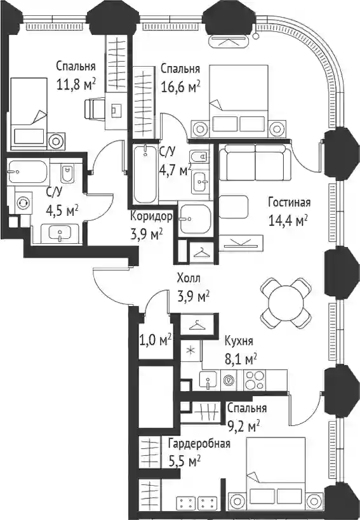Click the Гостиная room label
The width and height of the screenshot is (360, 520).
tap(290, 202)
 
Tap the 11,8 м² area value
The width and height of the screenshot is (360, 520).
tap(76, 84)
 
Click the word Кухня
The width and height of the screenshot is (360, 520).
tap(239, 340)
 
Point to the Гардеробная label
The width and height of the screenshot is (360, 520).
tap(199, 443)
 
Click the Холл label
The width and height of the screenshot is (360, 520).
tap(189, 278)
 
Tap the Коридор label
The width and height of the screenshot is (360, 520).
tap(151, 217)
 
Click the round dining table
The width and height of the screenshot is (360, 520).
tap(286, 302)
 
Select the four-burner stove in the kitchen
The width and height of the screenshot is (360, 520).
tap(255, 380)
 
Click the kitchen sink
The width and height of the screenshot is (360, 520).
tap(208, 380)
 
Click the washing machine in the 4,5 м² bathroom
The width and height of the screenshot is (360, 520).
tap(23, 203)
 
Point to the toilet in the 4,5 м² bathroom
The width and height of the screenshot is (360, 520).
tap(67, 173)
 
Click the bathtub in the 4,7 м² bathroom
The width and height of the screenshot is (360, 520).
tap(145, 174)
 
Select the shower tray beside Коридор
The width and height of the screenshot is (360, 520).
tap(195, 218)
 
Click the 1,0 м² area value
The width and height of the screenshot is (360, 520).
tap(155, 340)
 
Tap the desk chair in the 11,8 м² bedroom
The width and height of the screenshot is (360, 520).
tap(93, 108)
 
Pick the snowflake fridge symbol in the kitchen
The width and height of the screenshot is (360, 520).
tap(190, 351)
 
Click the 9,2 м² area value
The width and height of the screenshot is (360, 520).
tap(244, 426)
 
